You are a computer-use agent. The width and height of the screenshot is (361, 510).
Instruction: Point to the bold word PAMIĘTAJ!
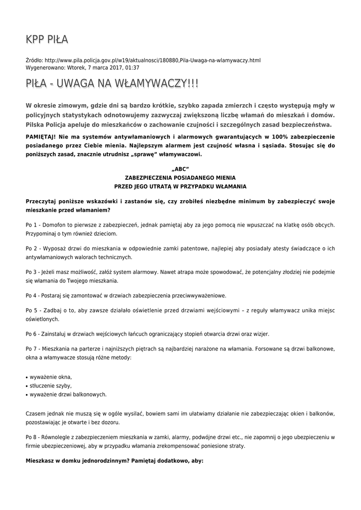42,136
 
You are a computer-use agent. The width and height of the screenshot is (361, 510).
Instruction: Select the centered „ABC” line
180,169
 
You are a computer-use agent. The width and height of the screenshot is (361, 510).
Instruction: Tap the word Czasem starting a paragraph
36,413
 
